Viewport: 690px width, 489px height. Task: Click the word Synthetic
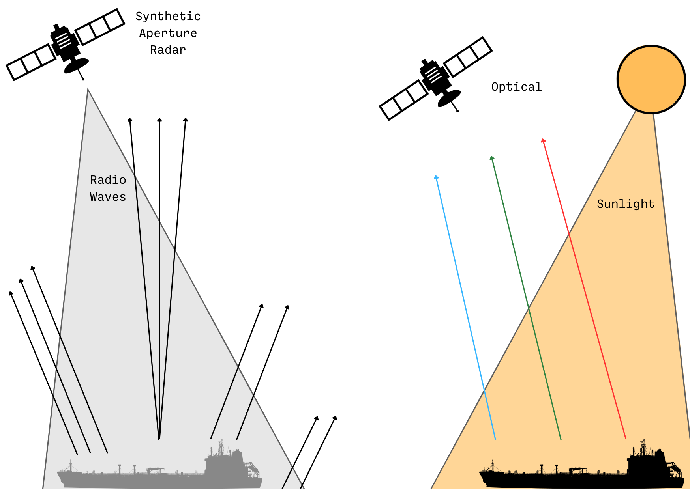(x=168, y=17)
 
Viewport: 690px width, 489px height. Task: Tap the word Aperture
(x=168, y=33)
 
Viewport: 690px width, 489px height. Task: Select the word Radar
(x=168, y=50)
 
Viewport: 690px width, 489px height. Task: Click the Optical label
(x=516, y=87)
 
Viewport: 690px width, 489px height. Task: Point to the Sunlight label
(x=626, y=204)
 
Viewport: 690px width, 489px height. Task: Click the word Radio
(x=108, y=180)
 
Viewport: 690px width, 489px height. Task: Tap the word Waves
(x=108, y=197)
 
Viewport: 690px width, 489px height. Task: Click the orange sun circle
(x=651, y=80)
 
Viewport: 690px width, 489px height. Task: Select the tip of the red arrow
(x=543, y=139)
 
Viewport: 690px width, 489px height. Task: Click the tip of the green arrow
(x=491, y=156)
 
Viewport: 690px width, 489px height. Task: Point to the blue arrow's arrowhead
(x=436, y=176)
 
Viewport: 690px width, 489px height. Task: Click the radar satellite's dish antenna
(x=77, y=66)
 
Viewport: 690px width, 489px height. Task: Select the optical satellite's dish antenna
(x=450, y=98)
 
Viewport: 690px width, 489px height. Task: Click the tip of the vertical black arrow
(x=159, y=118)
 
